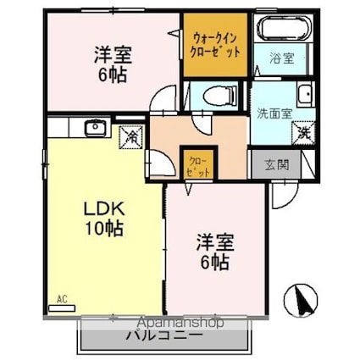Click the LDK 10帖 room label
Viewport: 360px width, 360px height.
103,218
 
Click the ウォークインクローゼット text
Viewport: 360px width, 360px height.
216,45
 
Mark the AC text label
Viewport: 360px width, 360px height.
61,297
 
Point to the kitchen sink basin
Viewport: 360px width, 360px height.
94,129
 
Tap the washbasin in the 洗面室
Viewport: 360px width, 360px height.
304,94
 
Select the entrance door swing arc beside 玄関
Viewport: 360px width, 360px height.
282,196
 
